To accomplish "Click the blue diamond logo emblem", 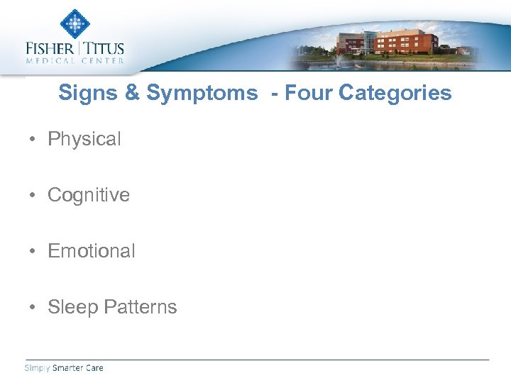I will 75,24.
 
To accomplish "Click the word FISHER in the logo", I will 50,49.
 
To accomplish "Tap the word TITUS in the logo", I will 104,49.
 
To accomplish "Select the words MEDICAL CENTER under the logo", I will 75,61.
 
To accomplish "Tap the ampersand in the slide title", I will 132,93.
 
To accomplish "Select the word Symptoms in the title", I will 202,93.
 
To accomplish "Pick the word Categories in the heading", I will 395,93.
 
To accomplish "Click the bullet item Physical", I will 84,139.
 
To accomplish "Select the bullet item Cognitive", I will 88,195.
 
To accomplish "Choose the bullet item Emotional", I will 91,251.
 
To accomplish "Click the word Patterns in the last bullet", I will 140,307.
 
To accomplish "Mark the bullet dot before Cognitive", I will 33,196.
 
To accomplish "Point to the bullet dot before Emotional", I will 33,252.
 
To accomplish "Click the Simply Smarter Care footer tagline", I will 64,367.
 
